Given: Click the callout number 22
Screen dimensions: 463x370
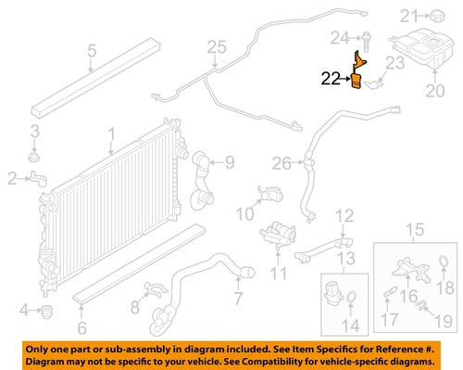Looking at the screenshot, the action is coord(331,81).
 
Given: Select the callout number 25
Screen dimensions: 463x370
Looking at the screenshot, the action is coord(216,46).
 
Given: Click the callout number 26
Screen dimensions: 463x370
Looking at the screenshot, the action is coord(282,164).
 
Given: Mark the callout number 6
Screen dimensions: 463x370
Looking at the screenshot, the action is coord(81,325).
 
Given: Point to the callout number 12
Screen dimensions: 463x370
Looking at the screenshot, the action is coord(344,217).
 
